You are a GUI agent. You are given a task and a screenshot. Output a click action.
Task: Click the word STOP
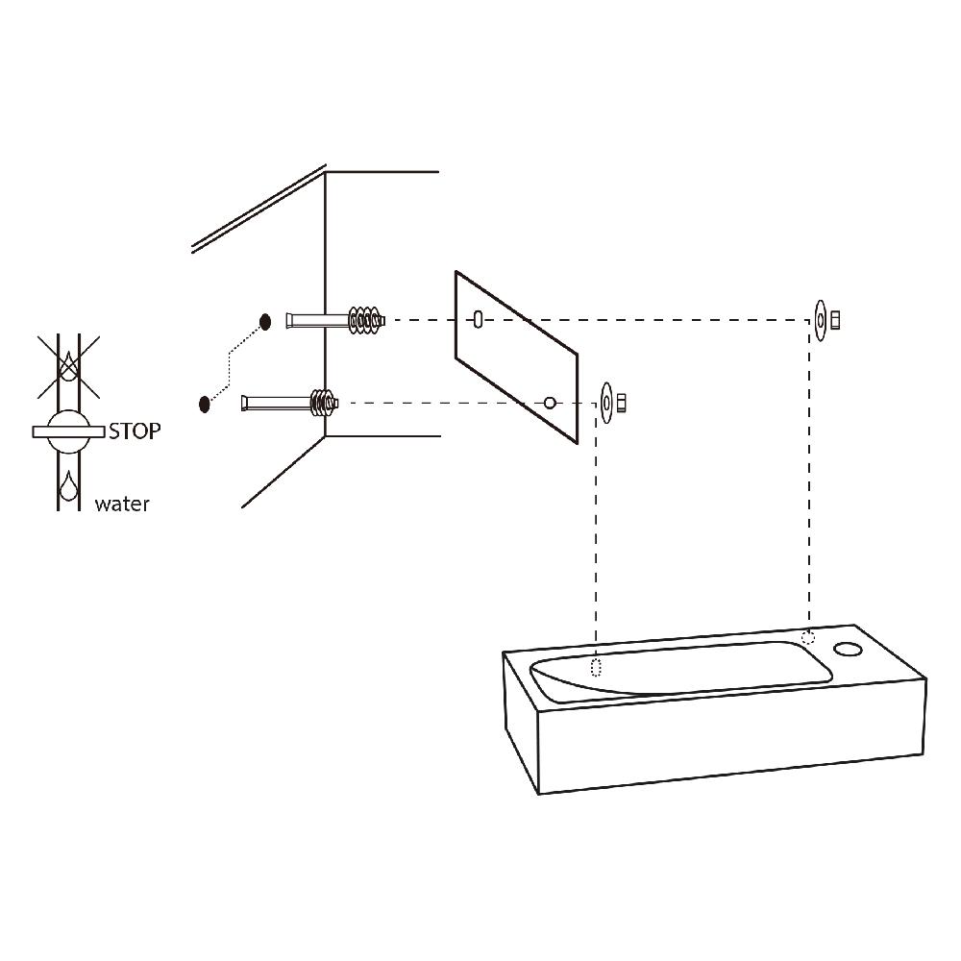pyautogui.click(x=135, y=431)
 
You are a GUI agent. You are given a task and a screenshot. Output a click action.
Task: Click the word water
pyautogui.click(x=122, y=504)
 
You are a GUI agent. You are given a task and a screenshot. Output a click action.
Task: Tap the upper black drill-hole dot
pyautogui.click(x=265, y=322)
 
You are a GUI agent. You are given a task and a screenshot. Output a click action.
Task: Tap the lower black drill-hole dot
pyautogui.click(x=205, y=404)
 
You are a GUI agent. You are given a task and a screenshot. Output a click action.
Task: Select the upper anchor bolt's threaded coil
pyautogui.click(x=366, y=320)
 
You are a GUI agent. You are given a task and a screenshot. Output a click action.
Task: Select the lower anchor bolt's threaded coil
pyautogui.click(x=324, y=404)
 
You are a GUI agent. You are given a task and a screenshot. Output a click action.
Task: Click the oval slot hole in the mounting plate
pyautogui.click(x=478, y=319)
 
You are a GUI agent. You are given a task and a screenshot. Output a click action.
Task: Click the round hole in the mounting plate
pyautogui.click(x=551, y=403)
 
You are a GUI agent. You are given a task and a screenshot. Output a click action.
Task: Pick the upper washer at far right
pyautogui.click(x=820, y=320)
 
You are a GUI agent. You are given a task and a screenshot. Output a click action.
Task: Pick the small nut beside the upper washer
pyautogui.click(x=835, y=321)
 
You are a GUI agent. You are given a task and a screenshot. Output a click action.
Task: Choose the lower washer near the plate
pyautogui.click(x=606, y=403)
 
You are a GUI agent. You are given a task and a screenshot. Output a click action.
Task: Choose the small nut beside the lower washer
pyautogui.click(x=622, y=403)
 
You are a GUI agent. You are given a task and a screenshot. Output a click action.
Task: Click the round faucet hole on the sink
pyautogui.click(x=849, y=649)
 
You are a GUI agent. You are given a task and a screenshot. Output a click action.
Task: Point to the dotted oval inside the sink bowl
pyautogui.click(x=596, y=667)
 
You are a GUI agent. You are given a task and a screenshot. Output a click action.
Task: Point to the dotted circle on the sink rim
pyautogui.click(x=808, y=637)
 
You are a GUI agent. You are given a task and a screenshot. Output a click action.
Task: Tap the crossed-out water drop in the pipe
pyautogui.click(x=68, y=364)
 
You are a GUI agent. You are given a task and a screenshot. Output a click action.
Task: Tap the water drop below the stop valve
pyautogui.click(x=68, y=486)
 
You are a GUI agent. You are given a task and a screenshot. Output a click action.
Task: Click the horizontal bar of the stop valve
pyautogui.click(x=68, y=432)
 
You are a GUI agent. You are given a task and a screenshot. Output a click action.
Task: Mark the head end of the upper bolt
pyautogui.click(x=289, y=321)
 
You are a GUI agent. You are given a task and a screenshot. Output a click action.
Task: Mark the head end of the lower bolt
pyautogui.click(x=245, y=404)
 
